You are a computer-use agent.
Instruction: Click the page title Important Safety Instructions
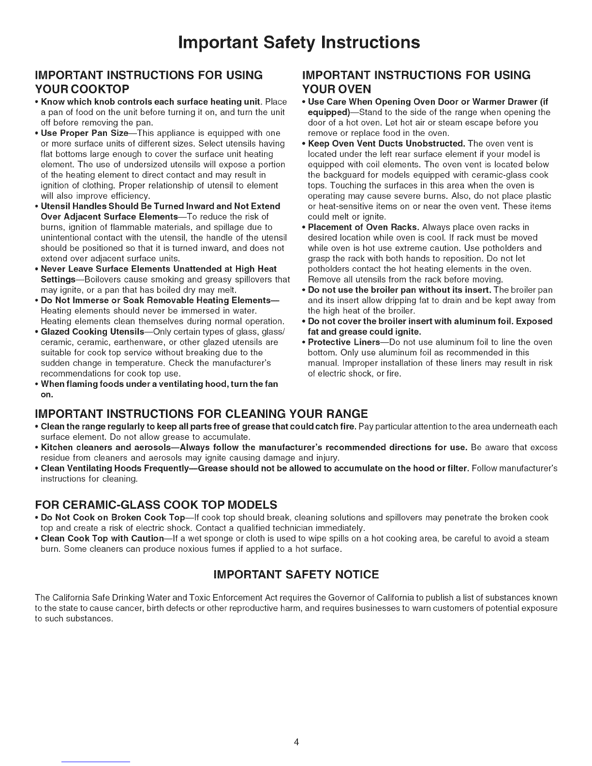296,42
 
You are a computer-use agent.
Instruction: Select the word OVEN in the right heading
348,88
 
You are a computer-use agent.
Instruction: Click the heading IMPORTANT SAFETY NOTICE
296,574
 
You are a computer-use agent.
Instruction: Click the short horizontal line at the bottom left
96,761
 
